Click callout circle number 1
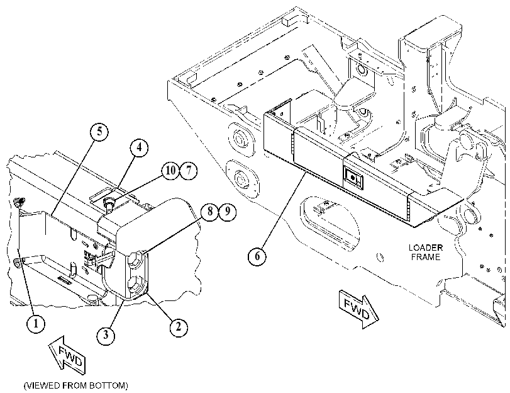click(x=36, y=323)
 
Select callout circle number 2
click(x=178, y=326)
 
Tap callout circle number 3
click(x=106, y=334)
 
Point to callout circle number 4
click(x=139, y=147)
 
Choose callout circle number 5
click(x=99, y=132)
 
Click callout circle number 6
click(x=257, y=256)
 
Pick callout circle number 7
click(x=188, y=170)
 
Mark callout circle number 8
click(x=210, y=212)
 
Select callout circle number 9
click(x=228, y=212)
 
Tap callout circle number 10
click(x=171, y=170)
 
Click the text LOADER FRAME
click(x=426, y=252)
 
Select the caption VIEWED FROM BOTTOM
click(x=76, y=386)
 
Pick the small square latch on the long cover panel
click(x=353, y=177)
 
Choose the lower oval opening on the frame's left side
click(x=242, y=179)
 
